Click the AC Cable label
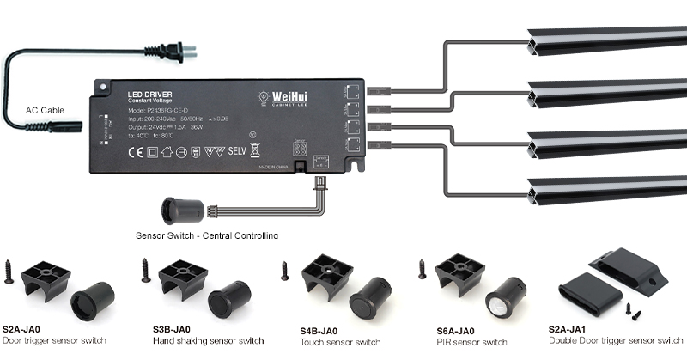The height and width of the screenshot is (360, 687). (x=45, y=111)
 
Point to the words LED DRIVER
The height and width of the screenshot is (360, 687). (x=146, y=93)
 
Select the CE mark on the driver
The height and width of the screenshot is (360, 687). (x=135, y=153)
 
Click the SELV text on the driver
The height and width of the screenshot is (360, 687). (x=237, y=152)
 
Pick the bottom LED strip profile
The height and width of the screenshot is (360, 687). (x=605, y=189)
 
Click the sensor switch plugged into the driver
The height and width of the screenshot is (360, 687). (x=183, y=211)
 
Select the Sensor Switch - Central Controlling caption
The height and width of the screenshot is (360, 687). (x=207, y=235)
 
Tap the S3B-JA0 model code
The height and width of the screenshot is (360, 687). (x=172, y=329)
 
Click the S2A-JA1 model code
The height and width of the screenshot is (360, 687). (x=569, y=329)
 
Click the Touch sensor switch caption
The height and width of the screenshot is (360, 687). (x=340, y=342)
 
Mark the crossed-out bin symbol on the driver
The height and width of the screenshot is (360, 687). (x=255, y=152)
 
